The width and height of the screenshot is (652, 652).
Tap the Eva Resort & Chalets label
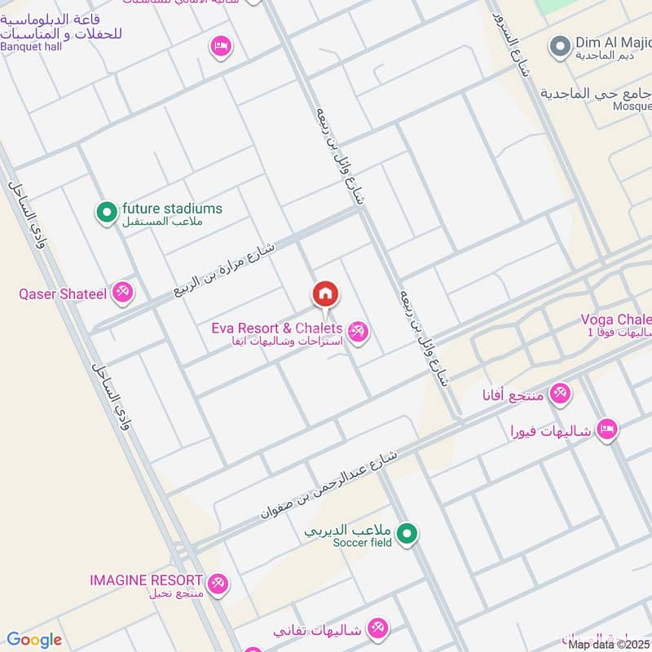click(276, 328)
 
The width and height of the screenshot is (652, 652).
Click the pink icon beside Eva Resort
click(357, 332)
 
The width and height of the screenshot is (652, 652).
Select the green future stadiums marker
click(106, 214)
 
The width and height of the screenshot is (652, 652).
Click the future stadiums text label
click(172, 209)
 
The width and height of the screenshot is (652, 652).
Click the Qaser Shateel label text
click(63, 293)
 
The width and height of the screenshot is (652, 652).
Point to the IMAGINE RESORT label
click(146, 580)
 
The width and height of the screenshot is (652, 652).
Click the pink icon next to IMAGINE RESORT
click(218, 584)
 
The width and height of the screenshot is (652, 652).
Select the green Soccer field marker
click(410, 535)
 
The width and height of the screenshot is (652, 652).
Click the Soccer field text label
click(363, 543)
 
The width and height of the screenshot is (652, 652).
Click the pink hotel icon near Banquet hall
click(220, 46)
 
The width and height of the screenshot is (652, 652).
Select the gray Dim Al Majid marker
click(559, 46)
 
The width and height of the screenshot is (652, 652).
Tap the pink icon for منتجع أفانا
click(559, 394)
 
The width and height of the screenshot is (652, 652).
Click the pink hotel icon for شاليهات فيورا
click(607, 429)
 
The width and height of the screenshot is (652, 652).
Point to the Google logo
click(34, 640)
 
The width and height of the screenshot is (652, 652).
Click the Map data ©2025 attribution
click(609, 645)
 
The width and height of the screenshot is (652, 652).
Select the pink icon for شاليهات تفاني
click(377, 628)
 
